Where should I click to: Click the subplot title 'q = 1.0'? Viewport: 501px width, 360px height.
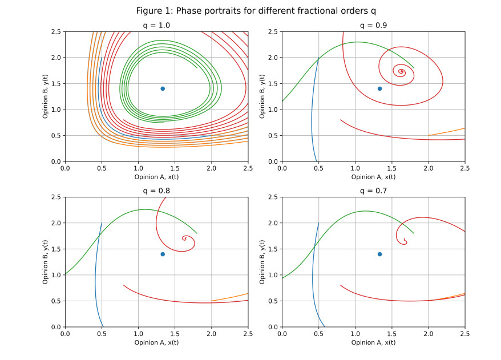156,26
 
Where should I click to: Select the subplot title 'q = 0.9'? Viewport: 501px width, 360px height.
373,26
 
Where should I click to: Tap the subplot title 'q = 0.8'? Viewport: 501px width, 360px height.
156,191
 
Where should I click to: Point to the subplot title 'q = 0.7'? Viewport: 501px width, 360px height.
373,191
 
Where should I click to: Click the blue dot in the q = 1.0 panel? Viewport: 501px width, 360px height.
163,88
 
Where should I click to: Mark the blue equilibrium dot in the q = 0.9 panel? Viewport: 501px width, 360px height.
379,88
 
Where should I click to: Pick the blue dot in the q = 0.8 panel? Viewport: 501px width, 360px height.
163,254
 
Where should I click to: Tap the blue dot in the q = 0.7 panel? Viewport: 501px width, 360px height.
379,254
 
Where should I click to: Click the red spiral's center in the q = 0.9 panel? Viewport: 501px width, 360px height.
401,71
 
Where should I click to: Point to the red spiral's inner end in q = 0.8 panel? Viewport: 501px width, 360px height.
185,238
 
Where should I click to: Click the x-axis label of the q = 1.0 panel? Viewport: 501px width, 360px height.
156,177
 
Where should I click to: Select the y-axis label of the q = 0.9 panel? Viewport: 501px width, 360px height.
262,96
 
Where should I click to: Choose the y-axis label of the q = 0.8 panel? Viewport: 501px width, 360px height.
46,262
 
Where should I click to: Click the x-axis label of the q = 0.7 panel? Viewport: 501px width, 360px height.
373,342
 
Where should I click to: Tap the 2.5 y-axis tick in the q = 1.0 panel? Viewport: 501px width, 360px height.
56,31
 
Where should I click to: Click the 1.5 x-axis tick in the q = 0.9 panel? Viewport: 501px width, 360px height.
391,168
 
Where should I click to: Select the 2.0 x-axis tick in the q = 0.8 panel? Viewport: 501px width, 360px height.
212,334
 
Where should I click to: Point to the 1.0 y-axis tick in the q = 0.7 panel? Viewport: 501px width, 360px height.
273,275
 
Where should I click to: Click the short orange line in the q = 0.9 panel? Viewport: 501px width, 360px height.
447,132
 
